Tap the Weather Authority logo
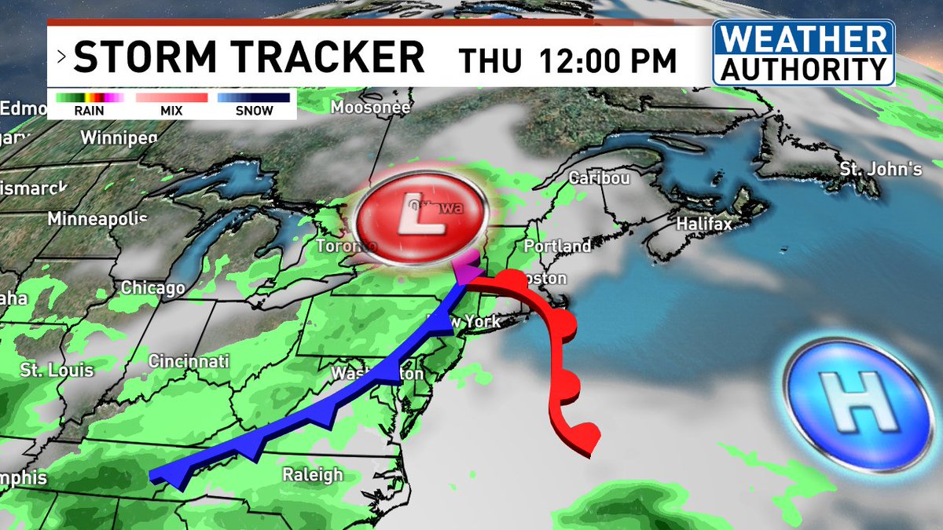(804, 53)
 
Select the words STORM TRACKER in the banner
(249, 58)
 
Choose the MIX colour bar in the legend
(171, 98)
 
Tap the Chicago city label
(152, 288)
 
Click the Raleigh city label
(313, 475)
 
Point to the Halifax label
(704, 225)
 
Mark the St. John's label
(880, 169)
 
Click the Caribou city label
(600, 178)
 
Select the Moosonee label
(370, 108)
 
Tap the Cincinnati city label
(189, 362)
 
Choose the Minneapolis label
(97, 219)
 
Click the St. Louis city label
(57, 370)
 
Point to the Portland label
(557, 247)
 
